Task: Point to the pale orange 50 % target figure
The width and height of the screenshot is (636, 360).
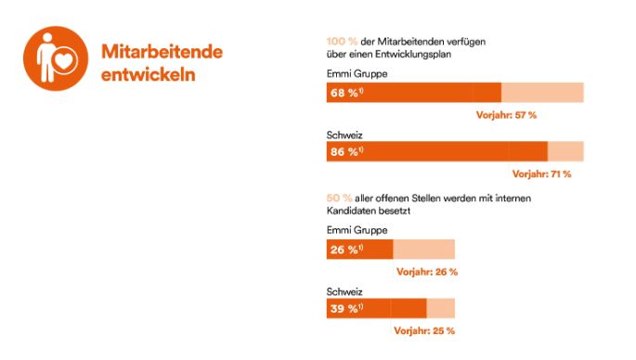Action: (339, 198)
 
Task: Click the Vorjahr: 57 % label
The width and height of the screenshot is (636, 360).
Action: (506, 115)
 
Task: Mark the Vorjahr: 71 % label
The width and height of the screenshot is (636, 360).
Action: (541, 174)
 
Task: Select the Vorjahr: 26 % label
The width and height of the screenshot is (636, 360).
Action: (427, 272)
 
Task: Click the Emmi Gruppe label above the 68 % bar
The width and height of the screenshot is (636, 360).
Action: (357, 73)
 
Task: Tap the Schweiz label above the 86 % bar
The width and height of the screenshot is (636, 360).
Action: (345, 134)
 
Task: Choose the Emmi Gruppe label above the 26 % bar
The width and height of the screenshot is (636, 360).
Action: (357, 230)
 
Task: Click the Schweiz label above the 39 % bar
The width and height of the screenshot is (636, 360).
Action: (345, 289)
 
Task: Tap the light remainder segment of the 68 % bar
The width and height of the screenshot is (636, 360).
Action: (542, 93)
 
